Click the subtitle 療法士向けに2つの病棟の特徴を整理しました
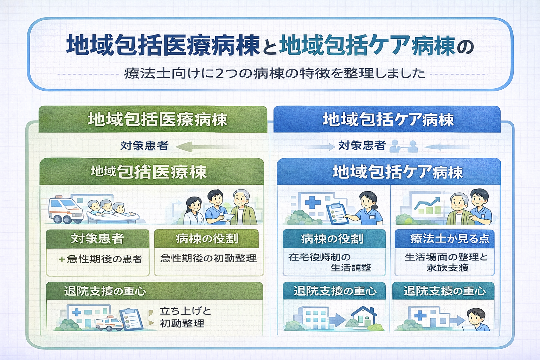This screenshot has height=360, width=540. tap(274, 73)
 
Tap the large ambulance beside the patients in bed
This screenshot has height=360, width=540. tap(65, 210)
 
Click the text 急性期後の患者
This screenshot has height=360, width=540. tap(104, 259)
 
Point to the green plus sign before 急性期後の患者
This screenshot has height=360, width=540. tap(62, 259)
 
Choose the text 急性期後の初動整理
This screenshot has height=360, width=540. tap(208, 258)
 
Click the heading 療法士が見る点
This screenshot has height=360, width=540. tap(450, 239)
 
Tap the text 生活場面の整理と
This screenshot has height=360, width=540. tap(446, 257)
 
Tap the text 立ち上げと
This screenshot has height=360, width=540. tap(185, 311)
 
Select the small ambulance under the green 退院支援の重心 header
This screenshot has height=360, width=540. tap(109, 323)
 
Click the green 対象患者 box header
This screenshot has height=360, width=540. tap(97, 239)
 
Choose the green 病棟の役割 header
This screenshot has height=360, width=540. tap(207, 239)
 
